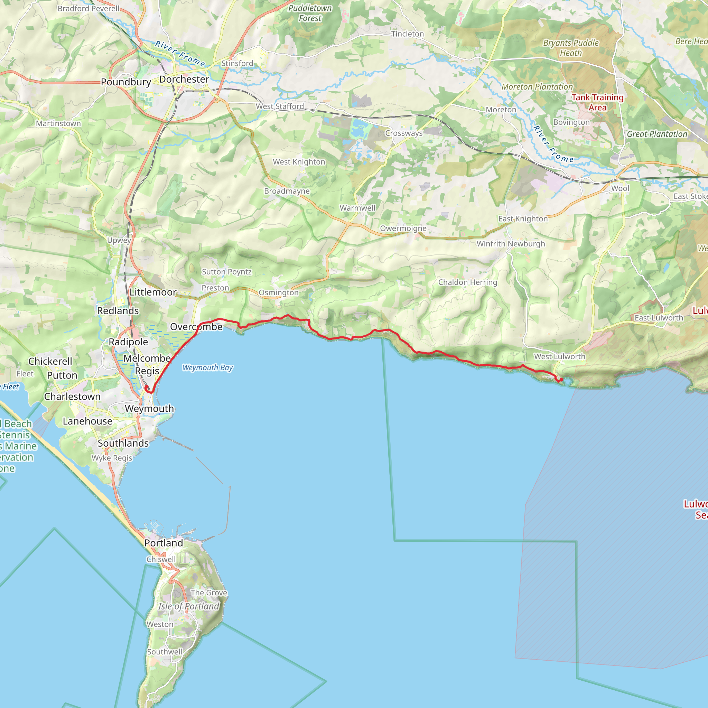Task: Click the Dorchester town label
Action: (x=184, y=79)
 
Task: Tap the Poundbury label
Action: (x=126, y=82)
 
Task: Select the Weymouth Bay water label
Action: (x=207, y=367)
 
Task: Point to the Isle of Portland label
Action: (x=189, y=606)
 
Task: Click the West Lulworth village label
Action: (x=560, y=356)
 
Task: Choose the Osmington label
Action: (x=279, y=292)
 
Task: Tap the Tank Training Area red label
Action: (x=597, y=102)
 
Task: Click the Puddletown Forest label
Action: (x=310, y=13)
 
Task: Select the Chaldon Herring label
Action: (x=468, y=282)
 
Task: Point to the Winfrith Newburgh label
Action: (x=511, y=244)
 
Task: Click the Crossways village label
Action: (x=404, y=133)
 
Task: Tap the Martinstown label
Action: (x=58, y=123)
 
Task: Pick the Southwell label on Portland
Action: (x=165, y=652)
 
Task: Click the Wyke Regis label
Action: (x=112, y=458)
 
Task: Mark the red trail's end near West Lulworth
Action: (x=561, y=380)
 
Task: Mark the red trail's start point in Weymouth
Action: (x=147, y=387)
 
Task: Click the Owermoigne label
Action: (x=403, y=228)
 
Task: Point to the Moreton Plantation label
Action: (x=537, y=87)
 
